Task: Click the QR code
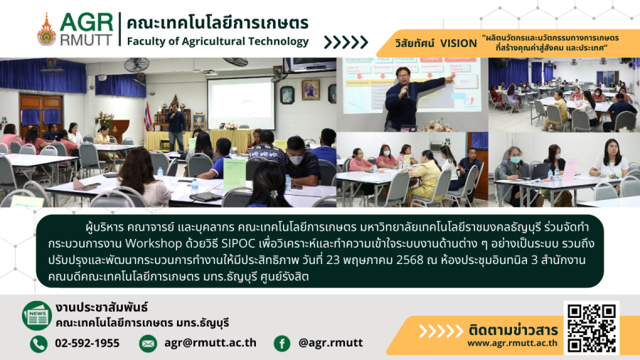[592, 327]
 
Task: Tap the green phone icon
[39, 344]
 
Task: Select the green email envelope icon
[148, 344]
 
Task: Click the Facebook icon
[282, 344]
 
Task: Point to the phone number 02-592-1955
[87, 343]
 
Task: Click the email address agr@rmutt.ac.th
[210, 343]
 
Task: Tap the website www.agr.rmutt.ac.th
[512, 343]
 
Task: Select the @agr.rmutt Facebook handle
[331, 343]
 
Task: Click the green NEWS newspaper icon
[37, 315]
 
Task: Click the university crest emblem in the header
[46, 30]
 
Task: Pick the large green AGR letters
[87, 23]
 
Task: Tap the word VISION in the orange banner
[459, 43]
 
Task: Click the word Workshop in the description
[154, 243]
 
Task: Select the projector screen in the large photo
[241, 103]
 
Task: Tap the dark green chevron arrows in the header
[346, 42]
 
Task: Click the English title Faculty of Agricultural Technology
[218, 42]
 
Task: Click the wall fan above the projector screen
[235, 62]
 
